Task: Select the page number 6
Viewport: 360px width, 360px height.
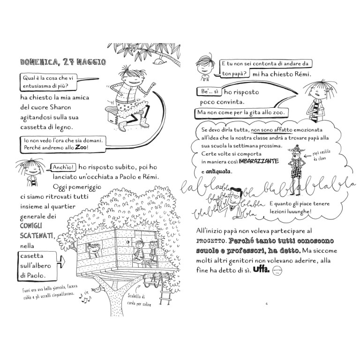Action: pos(266,303)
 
